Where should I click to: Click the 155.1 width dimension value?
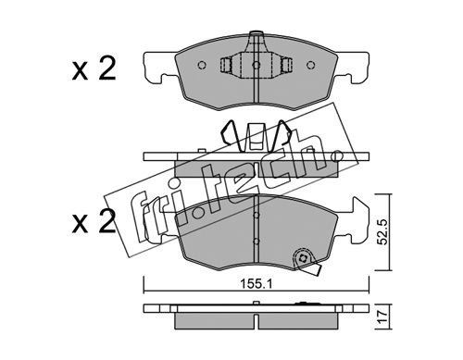point(257,284)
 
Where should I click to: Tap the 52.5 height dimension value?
point(382,232)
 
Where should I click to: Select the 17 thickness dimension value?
point(382,317)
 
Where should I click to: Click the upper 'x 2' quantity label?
point(94,69)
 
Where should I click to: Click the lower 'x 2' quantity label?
point(94,222)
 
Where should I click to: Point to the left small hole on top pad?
point(201,65)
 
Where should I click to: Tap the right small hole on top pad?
point(311,65)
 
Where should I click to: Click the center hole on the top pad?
point(256,65)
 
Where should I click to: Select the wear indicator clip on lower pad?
point(306,261)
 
